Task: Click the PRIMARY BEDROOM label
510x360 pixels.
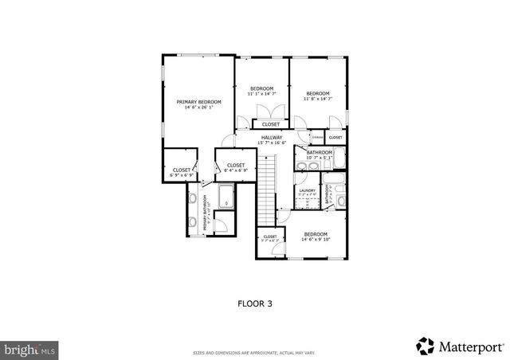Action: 198,102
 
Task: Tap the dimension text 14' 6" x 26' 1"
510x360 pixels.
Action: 198,108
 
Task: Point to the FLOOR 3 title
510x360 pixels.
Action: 254,303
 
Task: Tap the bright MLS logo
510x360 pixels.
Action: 29,349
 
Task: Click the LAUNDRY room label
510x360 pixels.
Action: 308,190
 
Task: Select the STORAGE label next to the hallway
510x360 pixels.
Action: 316,138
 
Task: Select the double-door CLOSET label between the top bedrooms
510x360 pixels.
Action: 271,124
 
